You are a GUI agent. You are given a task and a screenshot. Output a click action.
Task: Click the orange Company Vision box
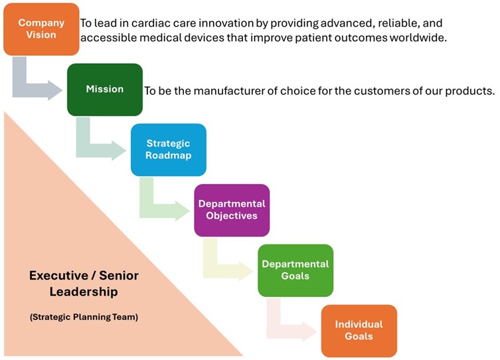pos(41,29)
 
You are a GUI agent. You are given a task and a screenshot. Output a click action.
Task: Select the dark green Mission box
pos(105,90)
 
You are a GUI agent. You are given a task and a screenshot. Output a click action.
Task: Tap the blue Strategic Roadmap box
pos(169,150)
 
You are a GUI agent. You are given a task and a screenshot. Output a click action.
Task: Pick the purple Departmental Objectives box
pos(232,210)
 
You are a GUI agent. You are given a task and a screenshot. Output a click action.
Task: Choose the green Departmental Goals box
pos(295,270)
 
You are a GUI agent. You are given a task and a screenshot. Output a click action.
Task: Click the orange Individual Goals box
pos(359,331)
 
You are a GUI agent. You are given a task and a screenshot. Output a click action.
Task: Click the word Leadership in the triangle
pos(84,292)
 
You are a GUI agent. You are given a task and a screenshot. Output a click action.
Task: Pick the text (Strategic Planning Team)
pos(84,317)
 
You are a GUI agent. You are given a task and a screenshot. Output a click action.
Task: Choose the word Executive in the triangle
pos(58,276)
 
